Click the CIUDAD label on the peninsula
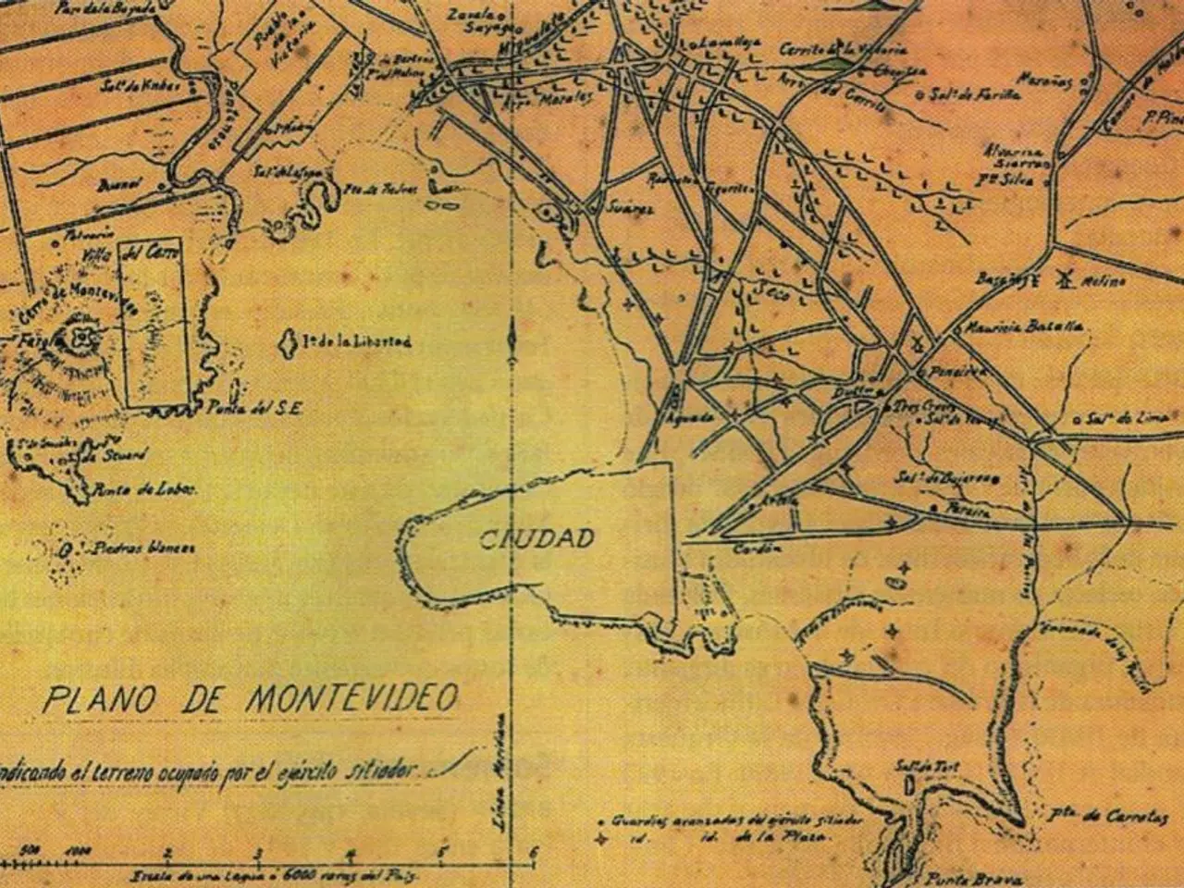(536, 539)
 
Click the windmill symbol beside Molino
(1061, 279)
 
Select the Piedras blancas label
(143, 548)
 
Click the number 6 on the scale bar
(533, 853)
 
